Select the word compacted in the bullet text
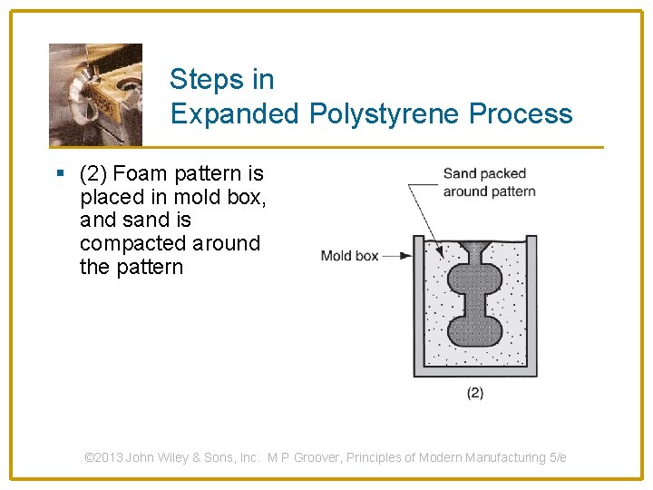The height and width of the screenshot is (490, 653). click(x=133, y=244)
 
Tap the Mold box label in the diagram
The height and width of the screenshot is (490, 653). click(x=349, y=256)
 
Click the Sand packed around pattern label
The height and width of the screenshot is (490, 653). click(x=489, y=182)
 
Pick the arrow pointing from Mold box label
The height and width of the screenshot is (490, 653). click(x=396, y=256)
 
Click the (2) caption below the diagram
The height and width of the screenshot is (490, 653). click(x=474, y=393)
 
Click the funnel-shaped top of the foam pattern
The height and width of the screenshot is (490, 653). click(x=475, y=248)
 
